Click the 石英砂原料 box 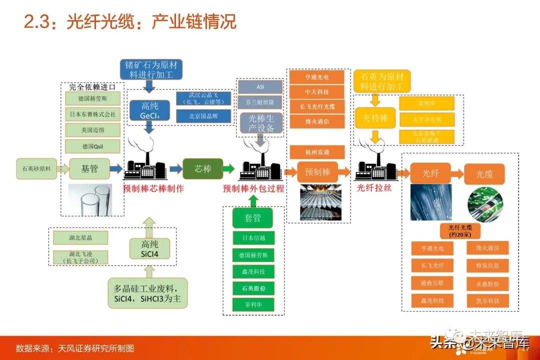click(36, 168)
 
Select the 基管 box click(89, 168)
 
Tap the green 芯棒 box click(202, 168)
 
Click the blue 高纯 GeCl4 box click(149, 111)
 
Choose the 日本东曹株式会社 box click(92, 114)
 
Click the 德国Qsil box click(92, 146)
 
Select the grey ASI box click(260, 86)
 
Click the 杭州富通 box click(317, 151)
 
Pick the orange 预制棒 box click(317, 172)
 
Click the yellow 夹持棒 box click(374, 118)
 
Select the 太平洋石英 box click(426, 120)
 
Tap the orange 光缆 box click(484, 173)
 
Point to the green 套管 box click(252, 218)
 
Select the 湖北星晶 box click(80, 237)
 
